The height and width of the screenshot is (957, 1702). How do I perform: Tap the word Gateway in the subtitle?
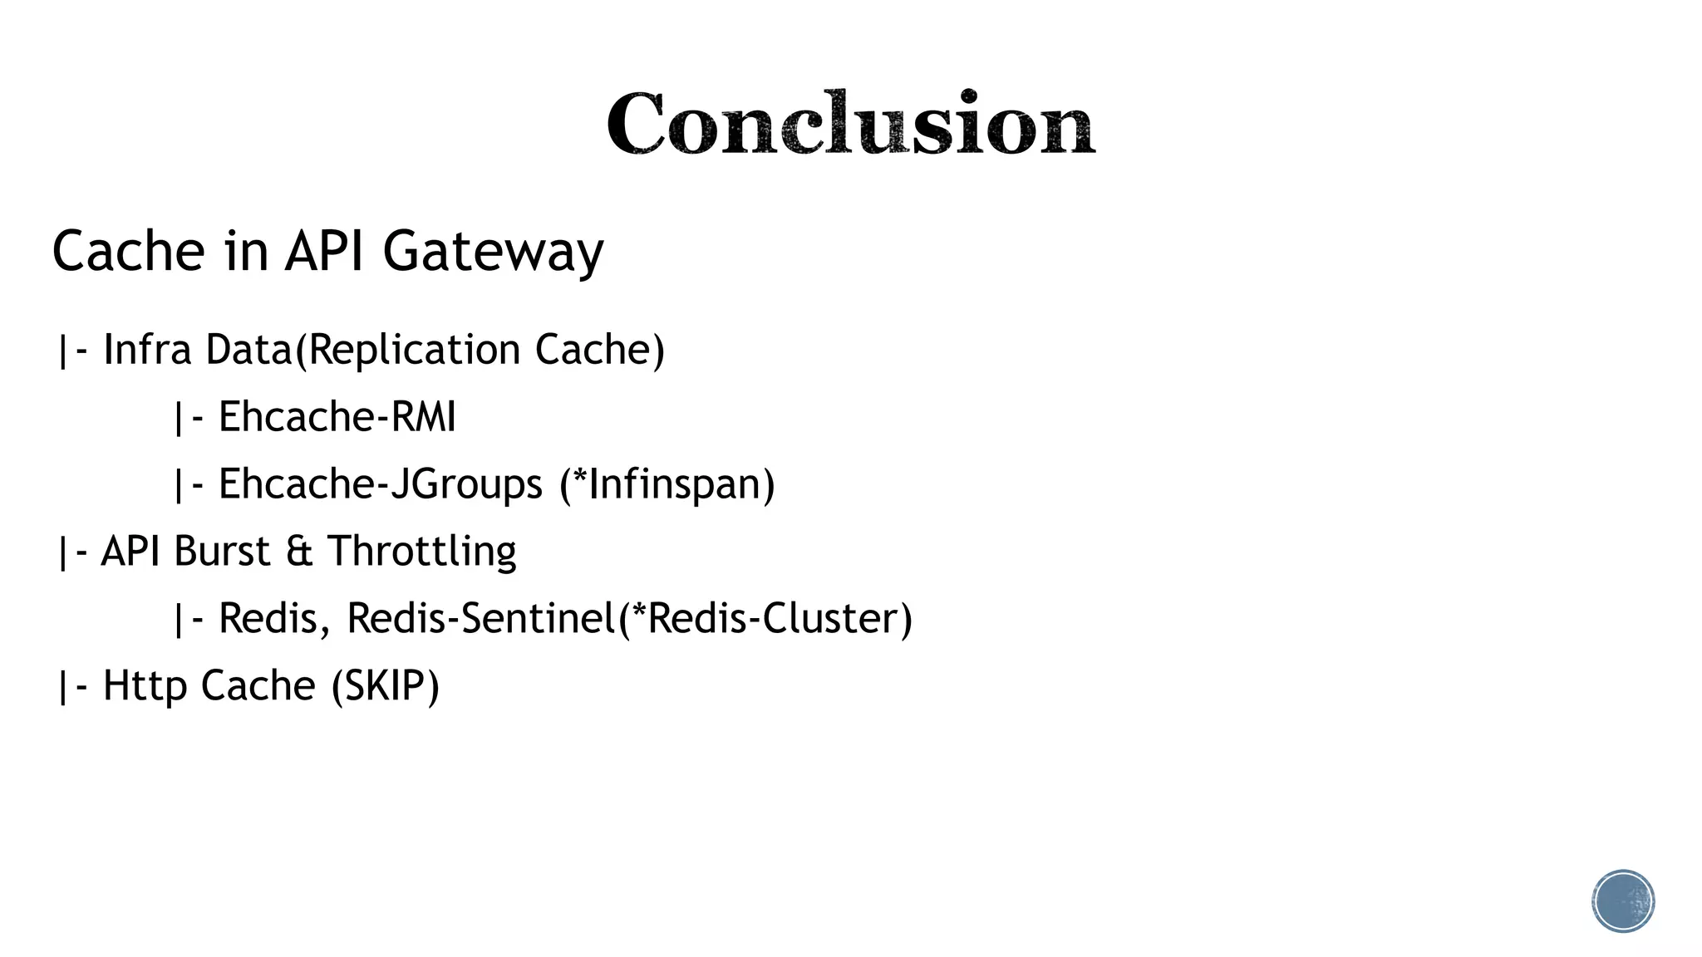(x=493, y=251)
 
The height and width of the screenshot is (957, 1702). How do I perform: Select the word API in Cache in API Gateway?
(x=324, y=251)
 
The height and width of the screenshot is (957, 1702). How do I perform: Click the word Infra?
(x=147, y=350)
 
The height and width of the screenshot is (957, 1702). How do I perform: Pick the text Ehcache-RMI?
(x=337, y=417)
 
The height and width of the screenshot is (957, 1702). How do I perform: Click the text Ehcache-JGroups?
(x=380, y=484)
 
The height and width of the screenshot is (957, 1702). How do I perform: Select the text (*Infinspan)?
(x=667, y=484)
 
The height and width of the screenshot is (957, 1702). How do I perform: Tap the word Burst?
(x=222, y=552)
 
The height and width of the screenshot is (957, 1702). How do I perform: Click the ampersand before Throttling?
(x=299, y=552)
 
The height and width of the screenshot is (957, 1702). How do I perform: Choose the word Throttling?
(x=421, y=552)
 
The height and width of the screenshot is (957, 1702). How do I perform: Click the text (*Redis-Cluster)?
(x=765, y=619)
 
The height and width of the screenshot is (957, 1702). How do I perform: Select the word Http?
(x=145, y=686)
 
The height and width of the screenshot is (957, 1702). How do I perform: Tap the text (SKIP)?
(x=385, y=686)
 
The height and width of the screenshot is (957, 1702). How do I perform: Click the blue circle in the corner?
(x=1623, y=901)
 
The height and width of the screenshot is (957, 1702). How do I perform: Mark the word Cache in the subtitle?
(x=128, y=251)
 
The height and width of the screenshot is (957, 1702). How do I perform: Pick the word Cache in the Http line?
(x=258, y=686)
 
